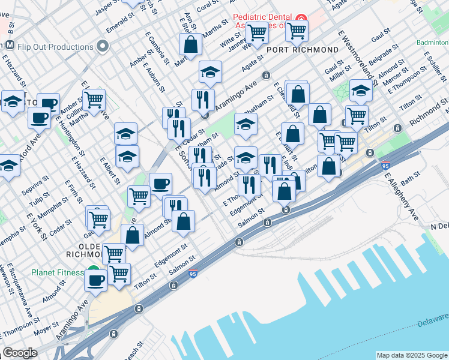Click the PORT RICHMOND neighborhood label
(297, 49)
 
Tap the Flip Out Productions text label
(56, 47)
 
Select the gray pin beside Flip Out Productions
(103, 46)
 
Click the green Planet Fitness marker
(93, 272)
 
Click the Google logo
(20, 353)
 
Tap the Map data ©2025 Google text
(411, 355)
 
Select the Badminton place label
(432, 43)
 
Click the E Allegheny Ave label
(402, 199)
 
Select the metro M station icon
(10, 46)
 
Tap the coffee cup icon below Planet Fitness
(95, 280)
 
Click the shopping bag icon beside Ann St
(190, 45)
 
